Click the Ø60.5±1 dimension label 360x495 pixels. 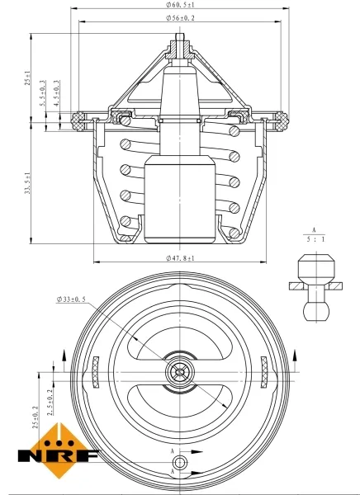point(180,6)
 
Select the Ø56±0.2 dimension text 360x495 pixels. point(180,17)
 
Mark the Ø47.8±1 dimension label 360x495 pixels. point(180,258)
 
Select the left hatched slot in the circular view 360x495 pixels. point(96,373)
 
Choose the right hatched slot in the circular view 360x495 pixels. point(264,373)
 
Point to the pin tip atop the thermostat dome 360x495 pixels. point(180,40)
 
